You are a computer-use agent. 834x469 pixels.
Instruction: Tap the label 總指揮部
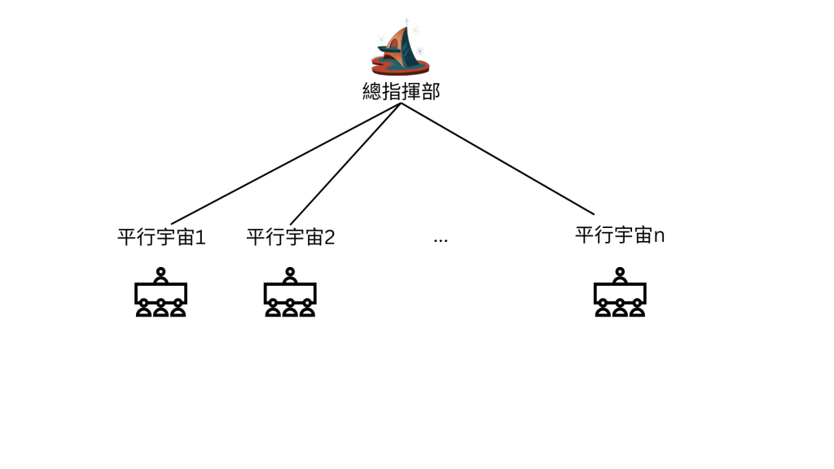point(401,91)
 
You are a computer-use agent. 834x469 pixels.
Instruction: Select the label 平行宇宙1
point(161,237)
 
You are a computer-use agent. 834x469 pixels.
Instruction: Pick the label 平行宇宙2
point(291,237)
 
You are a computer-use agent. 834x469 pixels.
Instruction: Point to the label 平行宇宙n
point(620,235)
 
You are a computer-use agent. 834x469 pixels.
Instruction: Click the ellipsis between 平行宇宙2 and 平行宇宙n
point(441,240)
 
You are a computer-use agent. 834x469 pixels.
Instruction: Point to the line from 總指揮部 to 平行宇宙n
point(497,159)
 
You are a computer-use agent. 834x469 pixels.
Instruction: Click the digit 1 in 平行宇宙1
point(200,238)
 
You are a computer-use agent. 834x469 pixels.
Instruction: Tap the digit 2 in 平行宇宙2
point(330,238)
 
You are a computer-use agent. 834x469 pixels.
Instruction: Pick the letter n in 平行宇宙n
point(660,236)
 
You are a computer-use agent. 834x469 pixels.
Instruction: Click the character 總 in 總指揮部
point(371,91)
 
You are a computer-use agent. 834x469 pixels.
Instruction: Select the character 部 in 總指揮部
point(430,91)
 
